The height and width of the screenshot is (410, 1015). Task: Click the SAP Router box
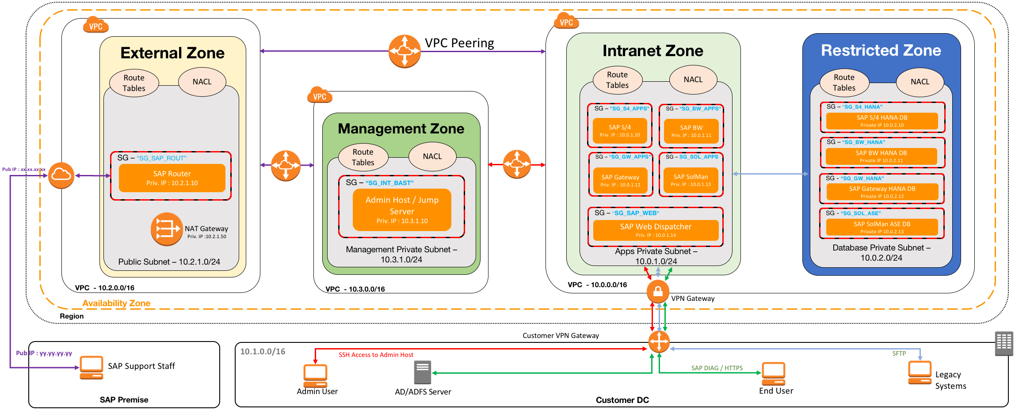point(172,178)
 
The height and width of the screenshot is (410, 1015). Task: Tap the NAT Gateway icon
point(167,229)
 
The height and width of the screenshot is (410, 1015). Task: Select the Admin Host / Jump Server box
point(402,210)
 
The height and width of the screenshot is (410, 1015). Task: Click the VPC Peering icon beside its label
point(404,51)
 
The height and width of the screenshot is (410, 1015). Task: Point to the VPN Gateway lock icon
point(658,292)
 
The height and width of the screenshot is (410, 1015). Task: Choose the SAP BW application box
point(691,131)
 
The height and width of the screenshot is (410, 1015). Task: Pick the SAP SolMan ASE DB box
point(882,227)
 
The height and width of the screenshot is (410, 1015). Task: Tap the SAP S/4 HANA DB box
point(882,121)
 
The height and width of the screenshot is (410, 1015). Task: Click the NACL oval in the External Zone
point(202,82)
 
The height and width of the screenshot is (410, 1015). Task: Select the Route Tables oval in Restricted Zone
point(844,83)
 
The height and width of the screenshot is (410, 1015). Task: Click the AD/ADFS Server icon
point(423,372)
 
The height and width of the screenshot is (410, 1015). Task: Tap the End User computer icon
point(774,374)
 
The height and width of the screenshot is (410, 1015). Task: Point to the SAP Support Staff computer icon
point(92,368)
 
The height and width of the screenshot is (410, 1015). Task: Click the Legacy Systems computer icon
point(920,372)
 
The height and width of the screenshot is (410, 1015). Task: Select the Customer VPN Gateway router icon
point(659,342)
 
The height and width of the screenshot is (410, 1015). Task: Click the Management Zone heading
point(401,129)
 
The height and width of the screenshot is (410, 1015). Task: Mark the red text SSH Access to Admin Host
point(376,355)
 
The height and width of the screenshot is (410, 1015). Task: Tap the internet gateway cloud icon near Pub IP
point(61,175)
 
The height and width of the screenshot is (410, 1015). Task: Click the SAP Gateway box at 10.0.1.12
point(620,180)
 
